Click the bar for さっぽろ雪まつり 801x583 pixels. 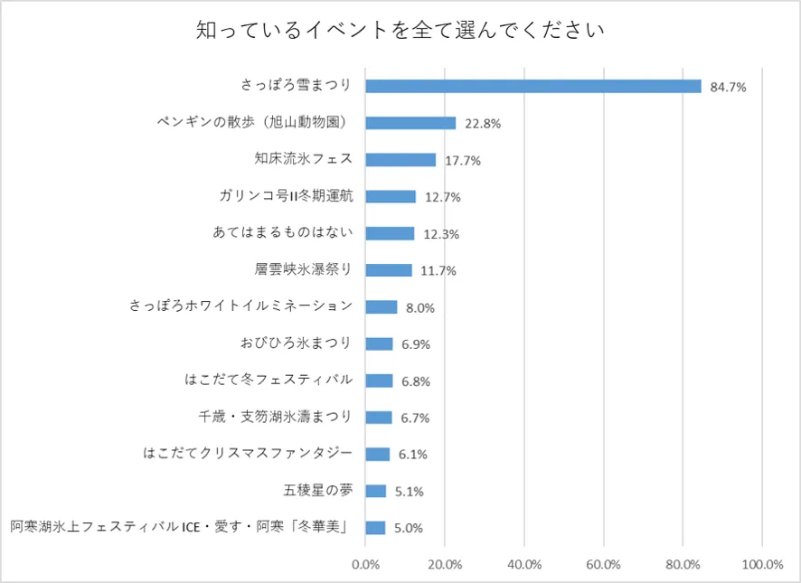pyautogui.click(x=533, y=86)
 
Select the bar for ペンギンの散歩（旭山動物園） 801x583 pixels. pyautogui.click(x=410, y=123)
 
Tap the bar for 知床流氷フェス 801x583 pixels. pyautogui.click(x=400, y=160)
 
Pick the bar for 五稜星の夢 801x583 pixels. pyautogui.click(x=375, y=491)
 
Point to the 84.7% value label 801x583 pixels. pyautogui.click(x=728, y=88)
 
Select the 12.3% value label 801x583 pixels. pyautogui.click(x=441, y=234)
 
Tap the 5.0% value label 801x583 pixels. pyautogui.click(x=409, y=528)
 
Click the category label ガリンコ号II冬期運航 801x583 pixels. pyautogui.click(x=286, y=196)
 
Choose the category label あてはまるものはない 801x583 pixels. pyautogui.click(x=283, y=233)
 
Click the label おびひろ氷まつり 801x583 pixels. pyautogui.click(x=297, y=343)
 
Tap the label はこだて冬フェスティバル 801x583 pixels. pyautogui.click(x=269, y=380)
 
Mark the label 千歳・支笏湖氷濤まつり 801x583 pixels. pyautogui.click(x=276, y=417)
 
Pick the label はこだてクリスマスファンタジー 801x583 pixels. pyautogui.click(x=248, y=454)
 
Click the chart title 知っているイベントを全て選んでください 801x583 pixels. pyautogui.click(x=400, y=31)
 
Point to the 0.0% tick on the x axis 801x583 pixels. pyautogui.click(x=365, y=565)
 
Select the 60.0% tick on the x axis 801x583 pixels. pyautogui.click(x=603, y=565)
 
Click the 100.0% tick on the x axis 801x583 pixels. pyautogui.click(x=761, y=565)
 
